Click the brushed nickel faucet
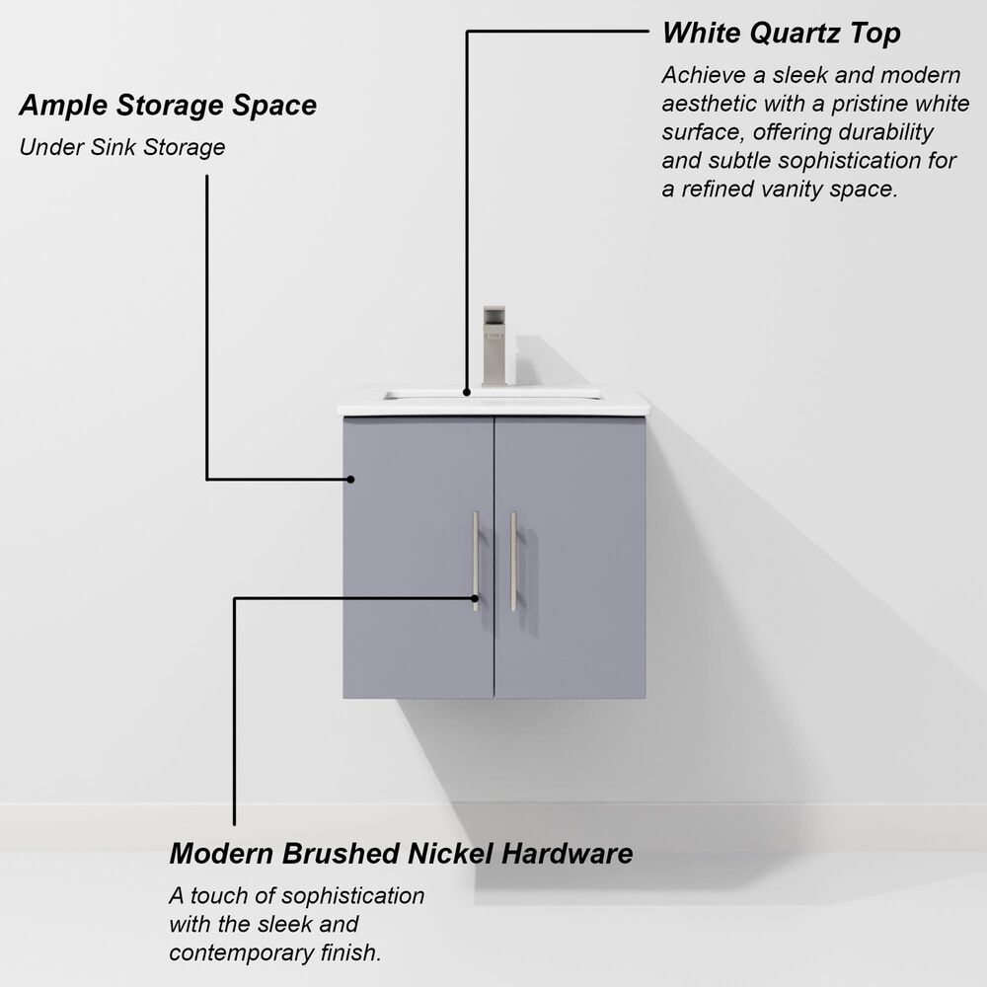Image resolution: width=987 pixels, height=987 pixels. pyautogui.click(x=493, y=345)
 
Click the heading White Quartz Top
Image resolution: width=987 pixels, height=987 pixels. pyautogui.click(x=781, y=33)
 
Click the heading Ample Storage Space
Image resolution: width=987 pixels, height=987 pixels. pyautogui.click(x=168, y=105)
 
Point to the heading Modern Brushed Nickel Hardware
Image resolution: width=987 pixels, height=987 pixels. pyautogui.click(x=401, y=853)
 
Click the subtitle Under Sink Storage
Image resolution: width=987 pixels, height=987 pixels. pyautogui.click(x=122, y=148)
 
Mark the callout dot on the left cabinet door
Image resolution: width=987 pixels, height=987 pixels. pyautogui.click(x=350, y=480)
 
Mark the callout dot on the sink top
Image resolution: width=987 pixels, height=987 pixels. pyautogui.click(x=468, y=391)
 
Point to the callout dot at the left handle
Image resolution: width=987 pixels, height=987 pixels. pyautogui.click(x=475, y=597)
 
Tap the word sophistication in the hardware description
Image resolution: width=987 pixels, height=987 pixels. pyautogui.click(x=352, y=896)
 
